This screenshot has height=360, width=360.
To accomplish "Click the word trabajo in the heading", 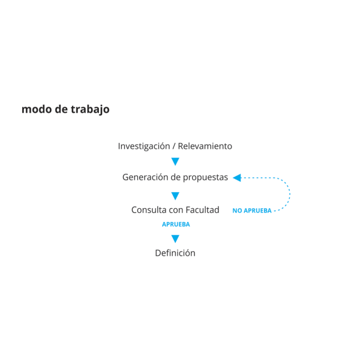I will [90, 109].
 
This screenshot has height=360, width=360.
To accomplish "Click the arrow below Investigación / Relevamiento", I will [175, 161].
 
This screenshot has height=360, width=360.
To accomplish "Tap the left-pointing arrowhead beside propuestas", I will [236, 178].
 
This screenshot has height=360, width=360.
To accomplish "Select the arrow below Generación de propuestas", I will [175, 196].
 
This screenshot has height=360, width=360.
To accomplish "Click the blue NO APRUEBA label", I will [252, 211].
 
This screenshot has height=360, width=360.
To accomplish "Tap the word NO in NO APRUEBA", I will [237, 211].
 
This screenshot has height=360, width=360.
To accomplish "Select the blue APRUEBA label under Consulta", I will [176, 224].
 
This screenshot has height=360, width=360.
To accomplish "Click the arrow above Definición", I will [175, 239].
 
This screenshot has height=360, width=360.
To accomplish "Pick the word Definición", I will [175, 253].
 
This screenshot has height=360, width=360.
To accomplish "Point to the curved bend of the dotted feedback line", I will [289, 193].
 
